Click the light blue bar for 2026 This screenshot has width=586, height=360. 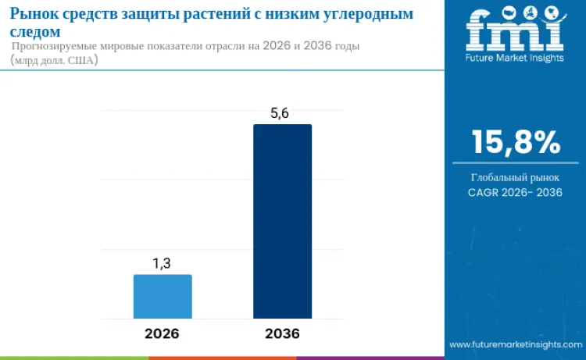tap(163, 297)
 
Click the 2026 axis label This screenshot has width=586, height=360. tap(162, 333)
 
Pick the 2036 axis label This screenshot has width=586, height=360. tap(282, 333)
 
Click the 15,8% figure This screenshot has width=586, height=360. tap(515, 142)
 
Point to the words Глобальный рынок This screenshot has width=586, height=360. tap(515, 177)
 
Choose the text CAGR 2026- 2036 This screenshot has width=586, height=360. tap(515, 192)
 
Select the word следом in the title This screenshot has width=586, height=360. tap(36, 32)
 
